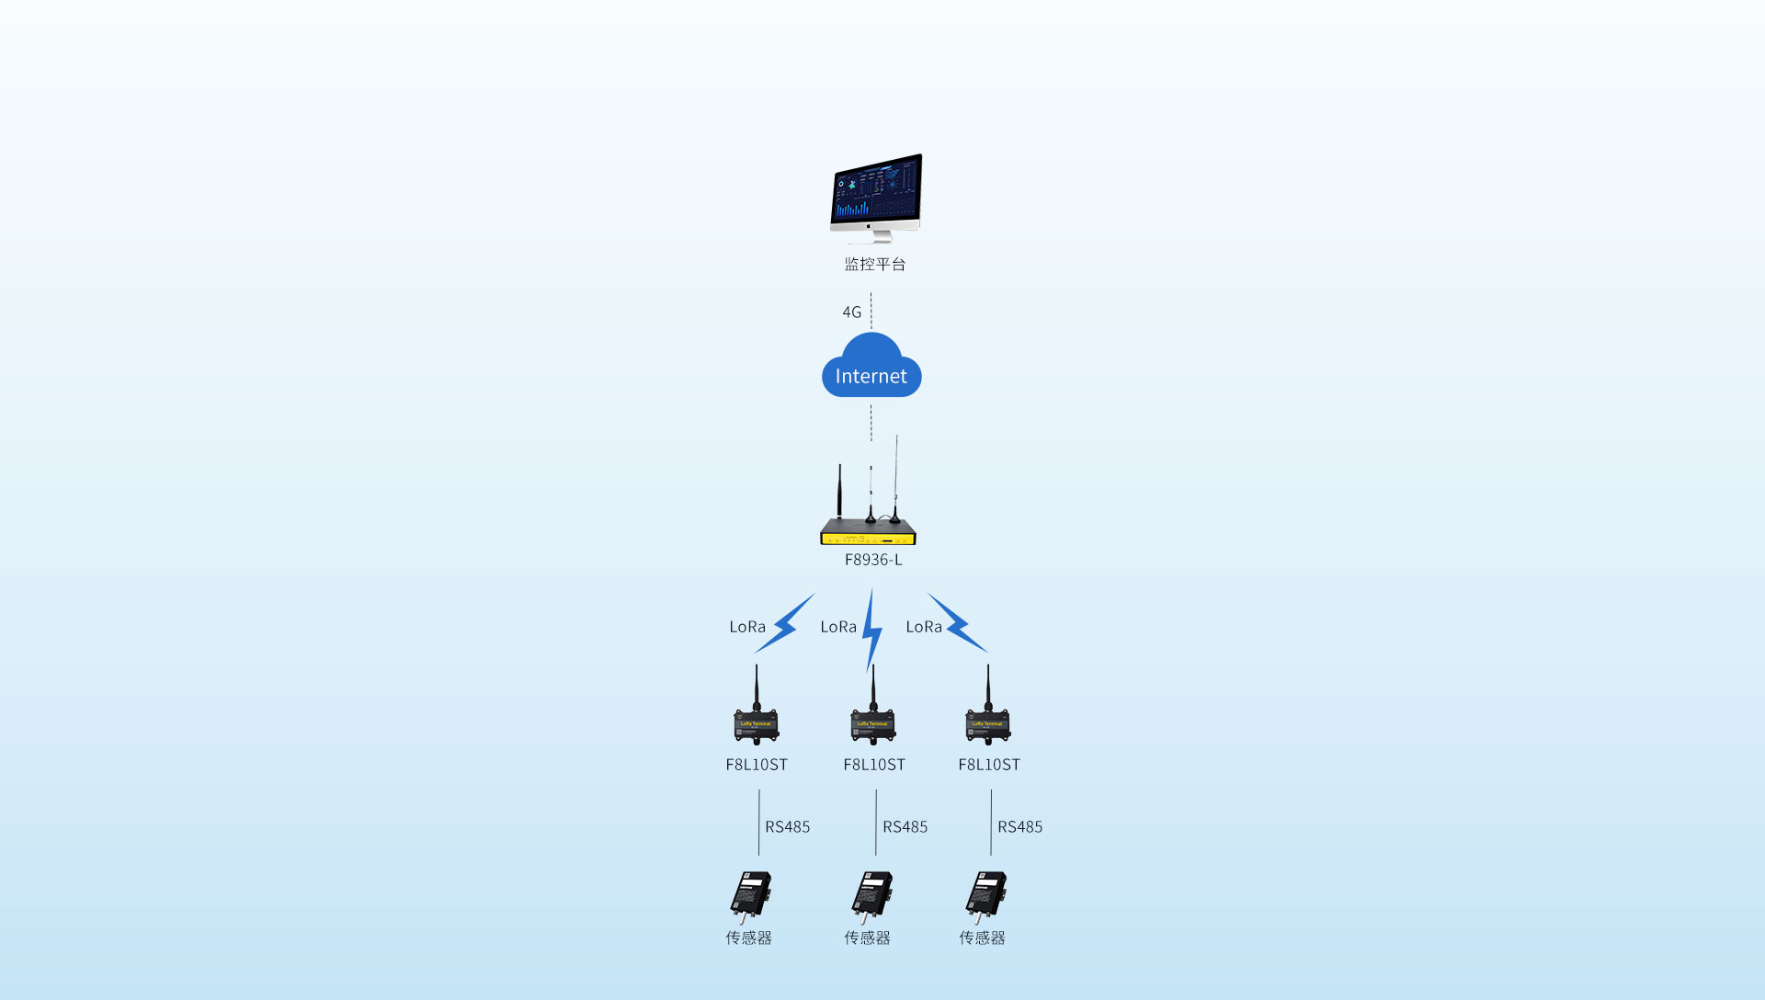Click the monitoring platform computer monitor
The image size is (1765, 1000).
coord(875,193)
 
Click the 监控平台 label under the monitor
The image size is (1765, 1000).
coord(875,265)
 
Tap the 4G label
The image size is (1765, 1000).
coord(852,312)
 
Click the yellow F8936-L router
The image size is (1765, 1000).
coord(868,531)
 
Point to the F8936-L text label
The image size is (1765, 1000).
coord(873,560)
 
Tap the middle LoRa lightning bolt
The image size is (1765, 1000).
coord(872,631)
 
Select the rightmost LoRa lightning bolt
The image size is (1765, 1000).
coord(957,623)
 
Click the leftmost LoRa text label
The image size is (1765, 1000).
coord(747,627)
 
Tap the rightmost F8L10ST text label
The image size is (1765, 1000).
coord(989,765)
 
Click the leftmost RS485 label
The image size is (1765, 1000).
coord(788,827)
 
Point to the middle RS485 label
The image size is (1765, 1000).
coord(905,827)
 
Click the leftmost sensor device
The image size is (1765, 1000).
coord(751,895)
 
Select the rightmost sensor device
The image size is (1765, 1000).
coord(985,895)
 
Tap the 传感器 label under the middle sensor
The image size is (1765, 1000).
coord(868,938)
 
